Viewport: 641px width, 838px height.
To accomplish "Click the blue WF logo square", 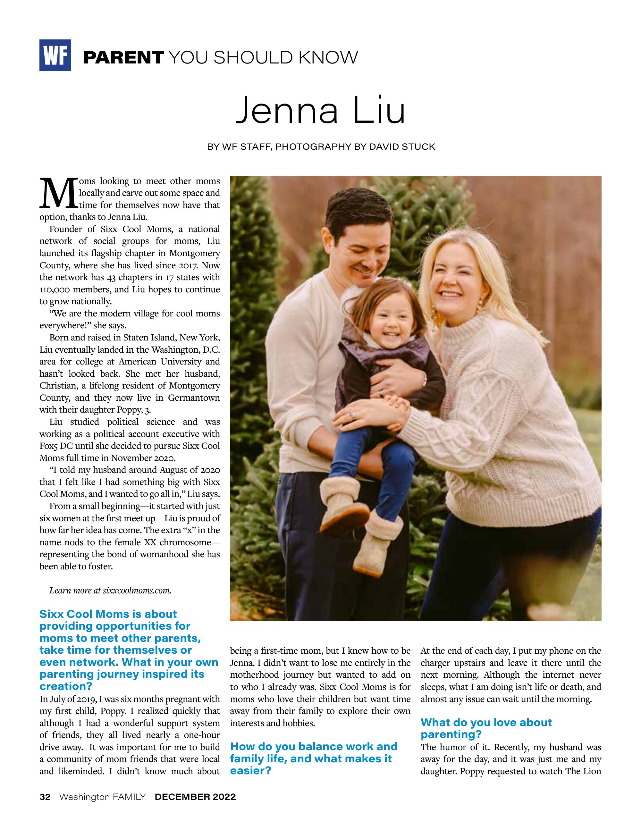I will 55,55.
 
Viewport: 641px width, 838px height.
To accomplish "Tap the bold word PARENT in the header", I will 123,58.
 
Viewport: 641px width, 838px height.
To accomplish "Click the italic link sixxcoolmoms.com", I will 137,591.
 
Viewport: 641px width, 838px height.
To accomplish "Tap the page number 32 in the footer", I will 45,797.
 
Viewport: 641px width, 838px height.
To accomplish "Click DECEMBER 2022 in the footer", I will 195,797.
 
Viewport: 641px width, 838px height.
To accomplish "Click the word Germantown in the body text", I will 194,398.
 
